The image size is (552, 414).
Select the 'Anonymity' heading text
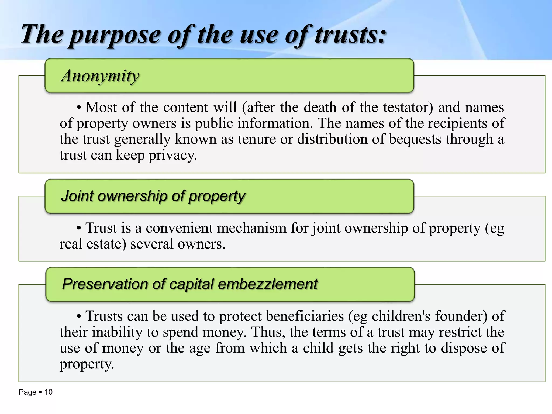[100, 76]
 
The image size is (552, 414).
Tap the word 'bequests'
[415, 139]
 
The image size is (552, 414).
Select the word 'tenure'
[257, 139]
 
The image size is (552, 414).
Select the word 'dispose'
[464, 348]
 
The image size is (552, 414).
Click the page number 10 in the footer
[49, 392]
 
